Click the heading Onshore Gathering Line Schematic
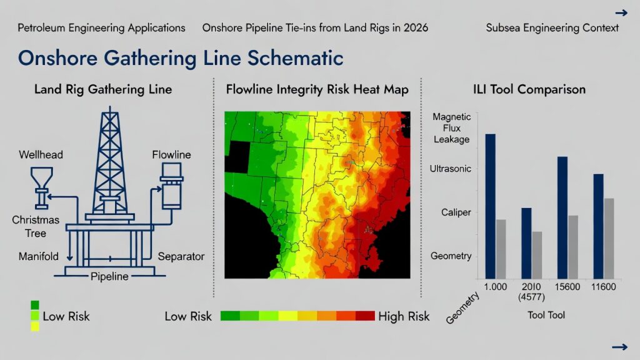coord(181,58)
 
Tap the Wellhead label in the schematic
coord(41,155)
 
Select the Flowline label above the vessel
coord(171,155)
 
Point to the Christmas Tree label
coord(36,226)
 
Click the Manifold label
coord(38,256)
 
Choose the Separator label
coord(181,256)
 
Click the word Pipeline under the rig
coord(109,276)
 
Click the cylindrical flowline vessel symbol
coord(171,186)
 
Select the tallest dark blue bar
coord(490,206)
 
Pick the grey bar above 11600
coord(609,238)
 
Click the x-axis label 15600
coord(567,287)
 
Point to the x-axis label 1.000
coord(495,287)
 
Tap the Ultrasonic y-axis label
coord(450,169)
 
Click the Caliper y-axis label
coord(456,212)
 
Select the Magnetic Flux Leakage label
coord(451,128)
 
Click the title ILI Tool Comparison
coord(529,89)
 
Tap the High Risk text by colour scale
coord(404,316)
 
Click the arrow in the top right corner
coord(621,13)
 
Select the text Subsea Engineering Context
coord(552,27)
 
